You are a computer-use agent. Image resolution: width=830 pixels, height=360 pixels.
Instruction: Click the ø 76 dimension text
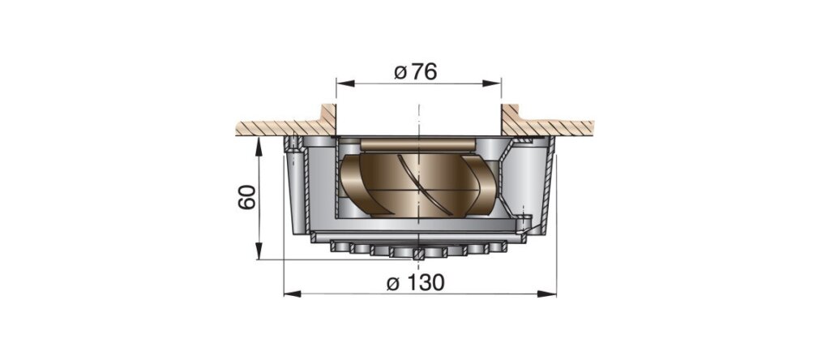(x=416, y=71)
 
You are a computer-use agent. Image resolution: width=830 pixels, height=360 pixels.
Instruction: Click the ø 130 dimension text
(x=416, y=283)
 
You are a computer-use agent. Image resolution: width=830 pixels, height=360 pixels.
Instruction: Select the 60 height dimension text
(x=247, y=197)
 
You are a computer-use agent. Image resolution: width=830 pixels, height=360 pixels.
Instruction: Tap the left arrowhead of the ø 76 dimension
(x=345, y=84)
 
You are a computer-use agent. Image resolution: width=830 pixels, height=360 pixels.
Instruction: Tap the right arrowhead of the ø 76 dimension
(x=492, y=84)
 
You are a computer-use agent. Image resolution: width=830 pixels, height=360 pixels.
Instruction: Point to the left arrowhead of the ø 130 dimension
(x=293, y=294)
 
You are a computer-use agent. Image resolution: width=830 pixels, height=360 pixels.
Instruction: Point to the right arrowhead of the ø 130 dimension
(x=547, y=294)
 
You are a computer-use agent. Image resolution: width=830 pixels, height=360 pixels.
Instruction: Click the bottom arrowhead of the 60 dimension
(x=259, y=251)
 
